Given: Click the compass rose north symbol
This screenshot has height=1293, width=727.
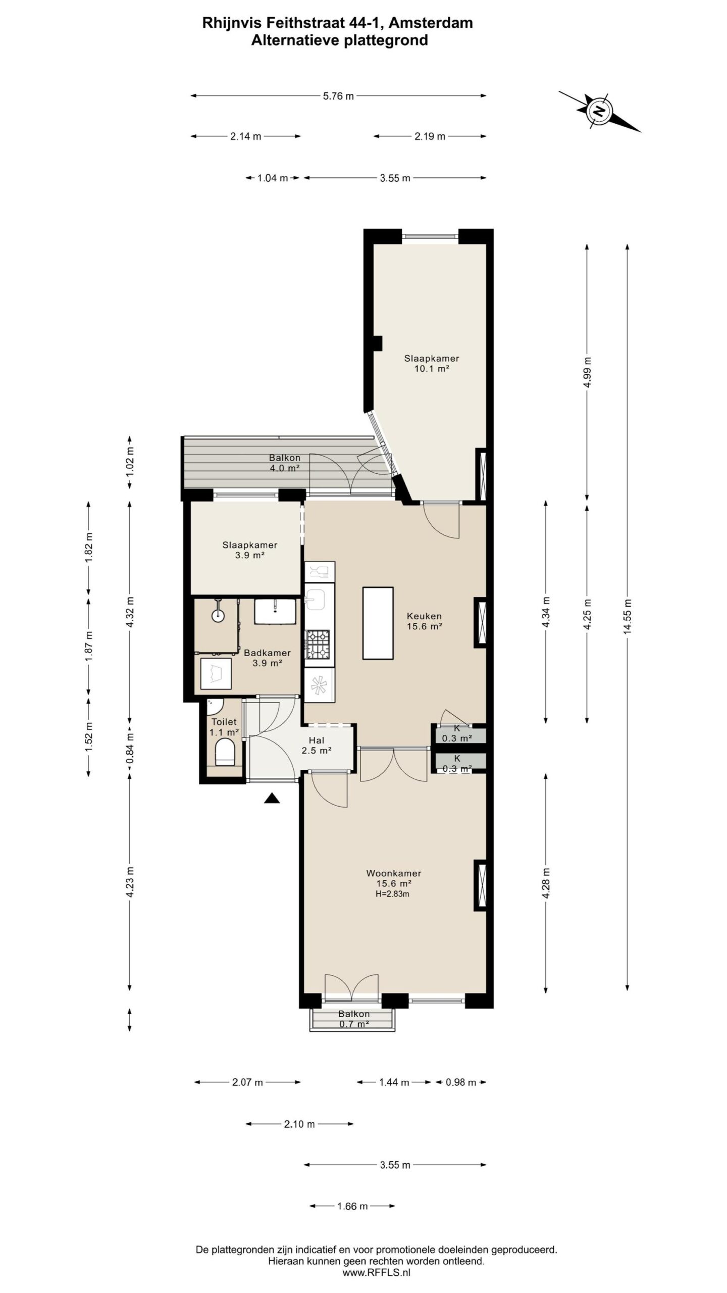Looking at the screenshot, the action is point(599,111).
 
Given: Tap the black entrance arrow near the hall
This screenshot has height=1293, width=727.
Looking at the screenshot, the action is point(272,798).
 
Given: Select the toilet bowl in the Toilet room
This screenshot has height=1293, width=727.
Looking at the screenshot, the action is point(225,752).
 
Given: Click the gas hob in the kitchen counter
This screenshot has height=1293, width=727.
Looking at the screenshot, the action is point(318,644).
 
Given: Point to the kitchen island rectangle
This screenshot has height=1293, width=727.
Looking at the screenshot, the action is point(378,623).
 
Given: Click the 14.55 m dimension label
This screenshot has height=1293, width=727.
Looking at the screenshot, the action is point(627,616).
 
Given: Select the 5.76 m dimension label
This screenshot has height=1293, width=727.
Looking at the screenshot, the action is point(338,96).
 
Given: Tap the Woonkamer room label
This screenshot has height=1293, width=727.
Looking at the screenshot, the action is point(394,873).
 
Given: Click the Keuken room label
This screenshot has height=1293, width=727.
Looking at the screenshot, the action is point(424,616).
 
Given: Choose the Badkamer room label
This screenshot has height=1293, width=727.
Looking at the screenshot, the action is point(267,653).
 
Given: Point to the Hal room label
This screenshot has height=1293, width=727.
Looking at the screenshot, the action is point(317,740).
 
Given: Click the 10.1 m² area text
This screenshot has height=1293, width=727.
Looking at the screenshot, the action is point(432,369).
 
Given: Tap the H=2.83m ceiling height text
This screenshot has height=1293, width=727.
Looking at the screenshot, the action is point(392,893).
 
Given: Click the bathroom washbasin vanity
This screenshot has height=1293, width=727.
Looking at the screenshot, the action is point(275,611).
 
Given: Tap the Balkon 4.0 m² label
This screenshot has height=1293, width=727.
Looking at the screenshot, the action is point(284,463).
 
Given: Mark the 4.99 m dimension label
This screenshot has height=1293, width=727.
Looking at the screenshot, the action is point(587,373).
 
